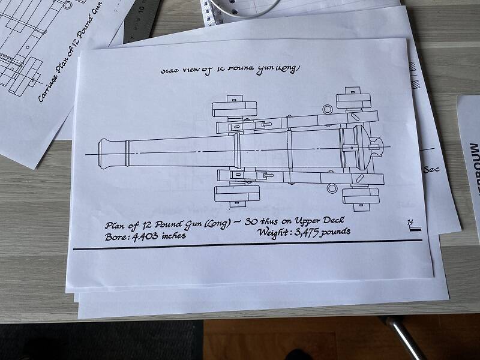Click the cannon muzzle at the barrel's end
click(103, 152)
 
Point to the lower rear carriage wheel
click(359, 196)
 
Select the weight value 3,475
click(307, 232)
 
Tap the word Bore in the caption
click(115, 236)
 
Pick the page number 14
click(410, 223)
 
